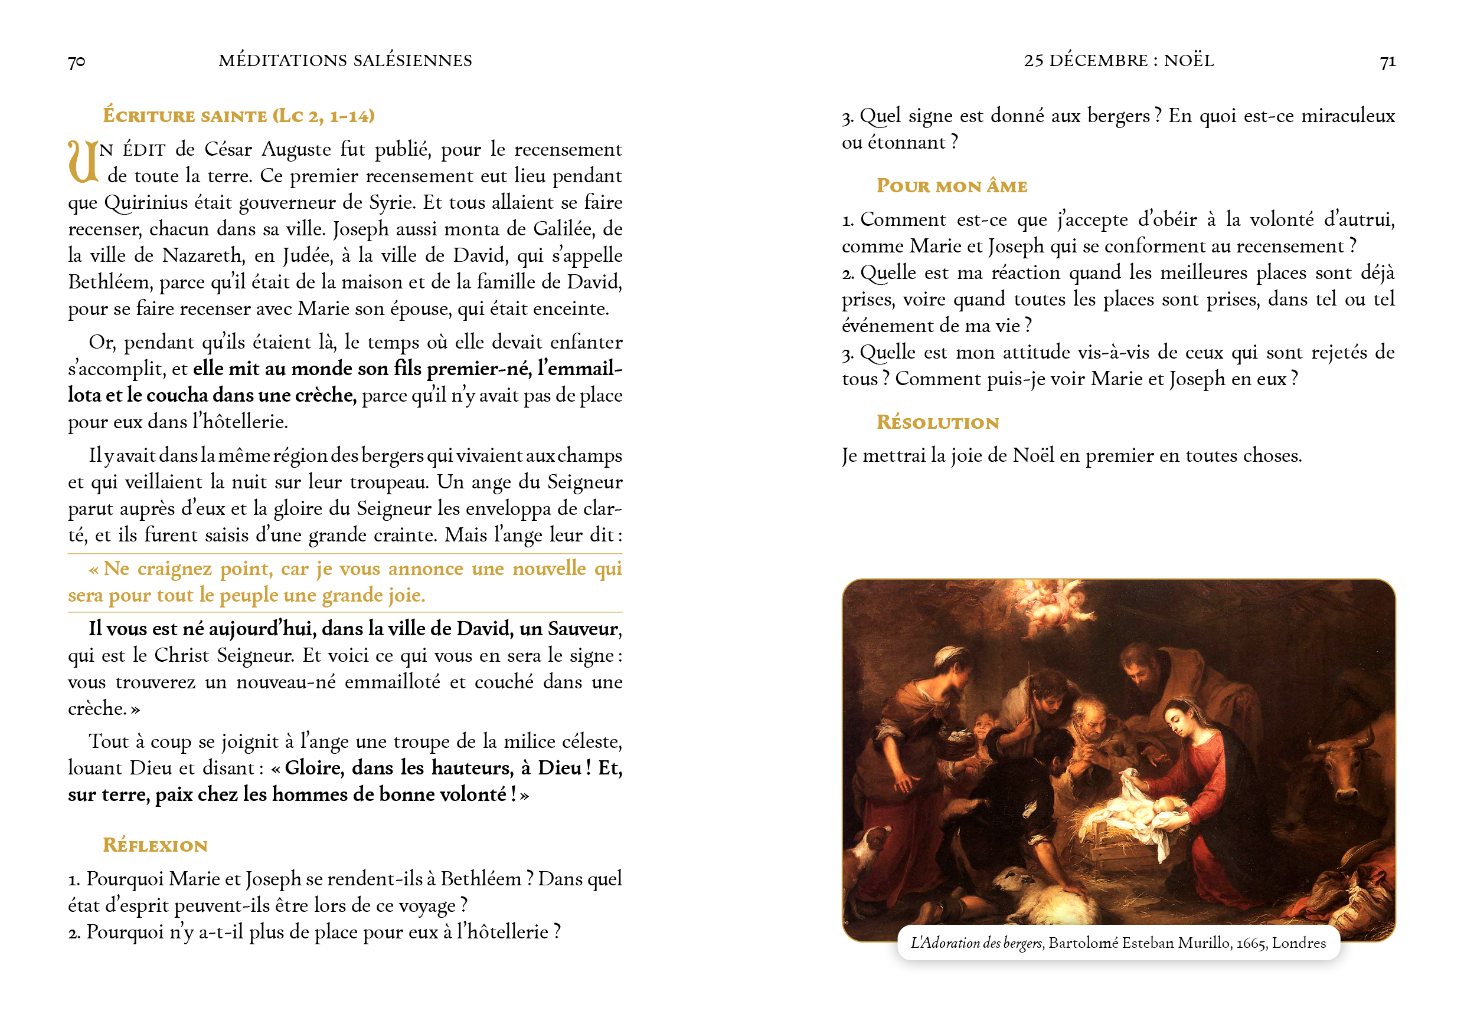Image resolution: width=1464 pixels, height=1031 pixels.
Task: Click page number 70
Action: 77,62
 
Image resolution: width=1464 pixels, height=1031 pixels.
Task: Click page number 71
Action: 1387,62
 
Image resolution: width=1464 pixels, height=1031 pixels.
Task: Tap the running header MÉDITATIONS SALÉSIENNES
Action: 345,61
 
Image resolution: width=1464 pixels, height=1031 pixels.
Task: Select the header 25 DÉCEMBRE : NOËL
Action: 1119,61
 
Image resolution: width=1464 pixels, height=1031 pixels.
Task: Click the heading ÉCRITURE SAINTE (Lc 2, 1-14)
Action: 238,116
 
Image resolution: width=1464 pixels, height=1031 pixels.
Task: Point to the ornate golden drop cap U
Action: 83,162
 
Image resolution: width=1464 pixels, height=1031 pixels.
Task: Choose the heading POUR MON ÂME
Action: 952,186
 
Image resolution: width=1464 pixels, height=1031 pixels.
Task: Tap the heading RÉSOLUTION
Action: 937,422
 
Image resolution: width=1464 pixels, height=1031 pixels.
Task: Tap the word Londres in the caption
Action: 1299,943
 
